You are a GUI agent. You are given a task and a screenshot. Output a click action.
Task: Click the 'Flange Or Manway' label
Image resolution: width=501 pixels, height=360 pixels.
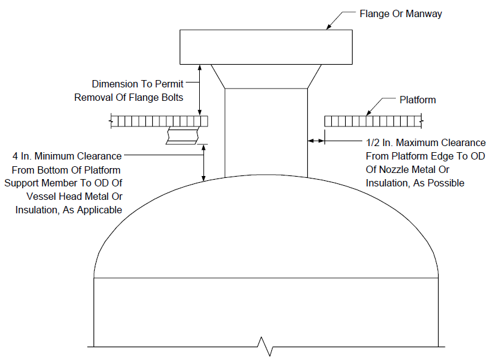(x=401, y=13)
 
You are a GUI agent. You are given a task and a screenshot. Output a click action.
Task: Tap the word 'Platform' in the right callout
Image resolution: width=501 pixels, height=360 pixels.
(x=418, y=100)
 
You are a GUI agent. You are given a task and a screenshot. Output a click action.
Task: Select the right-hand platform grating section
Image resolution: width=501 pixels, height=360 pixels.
(x=373, y=121)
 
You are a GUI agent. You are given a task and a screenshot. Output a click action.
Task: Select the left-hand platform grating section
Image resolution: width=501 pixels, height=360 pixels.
(x=159, y=121)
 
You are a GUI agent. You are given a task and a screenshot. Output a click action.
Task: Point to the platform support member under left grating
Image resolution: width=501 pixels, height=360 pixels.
(x=182, y=136)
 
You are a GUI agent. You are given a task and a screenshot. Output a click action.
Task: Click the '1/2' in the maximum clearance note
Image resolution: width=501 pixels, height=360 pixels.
(x=373, y=142)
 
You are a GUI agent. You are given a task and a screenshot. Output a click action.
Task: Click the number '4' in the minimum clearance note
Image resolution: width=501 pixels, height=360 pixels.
(x=15, y=156)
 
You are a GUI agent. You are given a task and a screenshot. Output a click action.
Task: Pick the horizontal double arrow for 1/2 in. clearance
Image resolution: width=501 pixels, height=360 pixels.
(x=316, y=141)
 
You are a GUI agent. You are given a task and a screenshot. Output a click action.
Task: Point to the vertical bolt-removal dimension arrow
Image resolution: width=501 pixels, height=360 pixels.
(x=200, y=90)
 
